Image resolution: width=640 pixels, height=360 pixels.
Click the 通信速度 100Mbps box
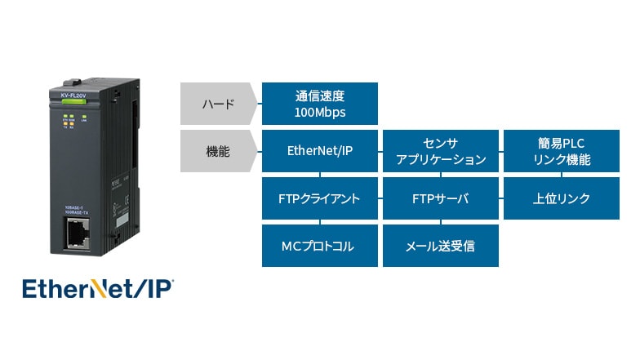(x=319, y=103)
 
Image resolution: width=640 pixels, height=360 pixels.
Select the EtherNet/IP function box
(x=319, y=150)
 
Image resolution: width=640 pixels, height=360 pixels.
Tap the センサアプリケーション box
(x=440, y=150)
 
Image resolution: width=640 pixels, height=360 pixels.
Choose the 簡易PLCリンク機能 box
(x=561, y=150)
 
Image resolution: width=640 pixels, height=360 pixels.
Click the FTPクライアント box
(x=319, y=198)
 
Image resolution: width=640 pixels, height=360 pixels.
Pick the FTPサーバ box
(x=440, y=198)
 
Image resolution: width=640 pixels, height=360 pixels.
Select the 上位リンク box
(x=561, y=198)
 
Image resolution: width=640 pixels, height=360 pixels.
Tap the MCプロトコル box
(x=319, y=246)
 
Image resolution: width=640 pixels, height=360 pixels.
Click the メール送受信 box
(x=440, y=246)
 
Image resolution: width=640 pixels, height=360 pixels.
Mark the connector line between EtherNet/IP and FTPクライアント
(x=319, y=174)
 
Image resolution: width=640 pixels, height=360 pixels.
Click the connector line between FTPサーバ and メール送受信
(x=440, y=222)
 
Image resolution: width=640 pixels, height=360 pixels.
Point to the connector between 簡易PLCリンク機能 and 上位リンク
(x=561, y=174)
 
